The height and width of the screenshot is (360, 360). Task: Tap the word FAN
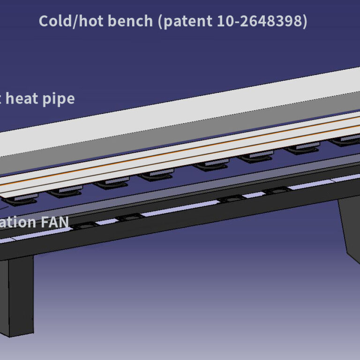click(55, 222)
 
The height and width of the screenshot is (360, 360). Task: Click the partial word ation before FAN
click(19, 222)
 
